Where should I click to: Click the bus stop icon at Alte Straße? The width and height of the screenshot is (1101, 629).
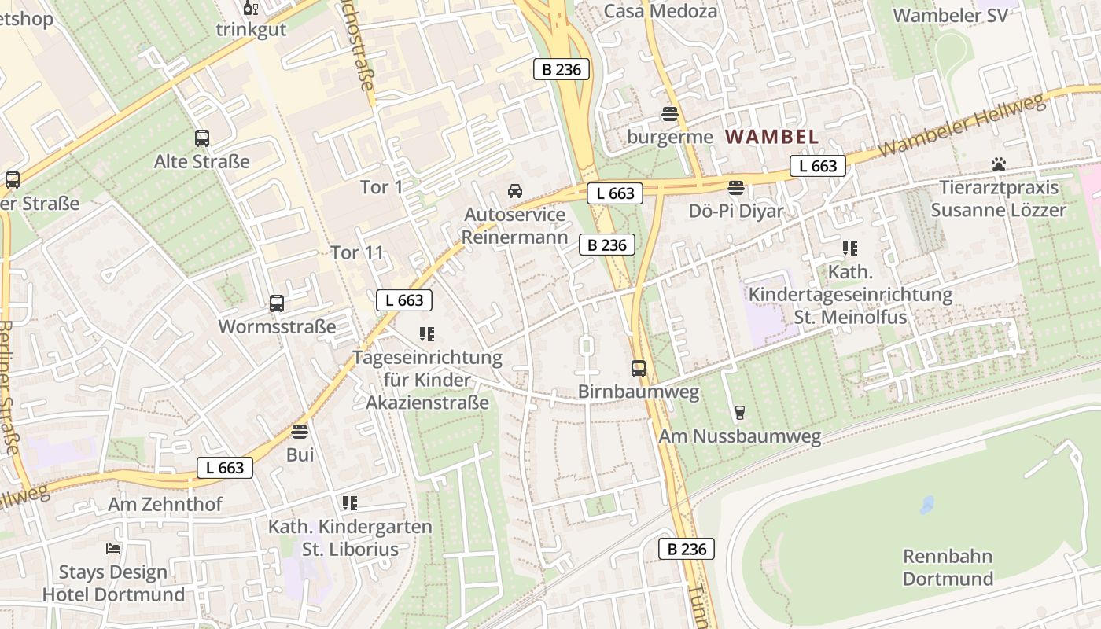click(x=202, y=138)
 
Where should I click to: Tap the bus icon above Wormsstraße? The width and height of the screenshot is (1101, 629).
click(x=277, y=303)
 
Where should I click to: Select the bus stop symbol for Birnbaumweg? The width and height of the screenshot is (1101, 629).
click(x=639, y=368)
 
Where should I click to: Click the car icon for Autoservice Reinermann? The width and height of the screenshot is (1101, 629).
click(x=515, y=191)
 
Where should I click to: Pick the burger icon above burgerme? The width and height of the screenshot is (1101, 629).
click(x=670, y=114)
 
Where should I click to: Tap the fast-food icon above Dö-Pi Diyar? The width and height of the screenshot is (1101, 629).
click(x=736, y=188)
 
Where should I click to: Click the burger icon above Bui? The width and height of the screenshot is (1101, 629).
click(x=300, y=432)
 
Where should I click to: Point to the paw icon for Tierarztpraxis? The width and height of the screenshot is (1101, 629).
click(x=999, y=165)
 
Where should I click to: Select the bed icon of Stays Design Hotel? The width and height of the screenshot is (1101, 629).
click(x=113, y=549)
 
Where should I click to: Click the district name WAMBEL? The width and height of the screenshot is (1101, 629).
click(x=771, y=137)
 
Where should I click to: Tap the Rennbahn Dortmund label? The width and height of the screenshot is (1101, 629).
click(x=948, y=568)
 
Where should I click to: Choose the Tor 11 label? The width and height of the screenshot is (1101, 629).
click(x=357, y=252)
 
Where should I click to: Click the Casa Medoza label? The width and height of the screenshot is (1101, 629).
click(x=661, y=11)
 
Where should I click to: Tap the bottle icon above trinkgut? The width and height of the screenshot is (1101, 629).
click(x=251, y=9)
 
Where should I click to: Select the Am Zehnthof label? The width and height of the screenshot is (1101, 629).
click(x=165, y=504)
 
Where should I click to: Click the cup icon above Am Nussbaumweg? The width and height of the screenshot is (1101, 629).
click(x=739, y=413)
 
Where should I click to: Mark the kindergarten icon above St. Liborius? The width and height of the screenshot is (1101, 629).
click(x=350, y=503)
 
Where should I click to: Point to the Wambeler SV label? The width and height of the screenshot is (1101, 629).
click(x=950, y=15)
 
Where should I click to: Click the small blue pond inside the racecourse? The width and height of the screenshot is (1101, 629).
click(x=928, y=505)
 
